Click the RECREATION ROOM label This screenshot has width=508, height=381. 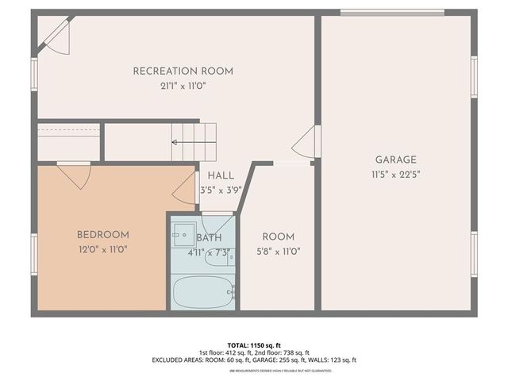183,71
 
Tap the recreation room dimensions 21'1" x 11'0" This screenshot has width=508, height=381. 183,86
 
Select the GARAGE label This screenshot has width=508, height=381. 394,160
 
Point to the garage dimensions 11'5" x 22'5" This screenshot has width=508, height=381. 394,175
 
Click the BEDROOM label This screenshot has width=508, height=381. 102,235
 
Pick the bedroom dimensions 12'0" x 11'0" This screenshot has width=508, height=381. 102,249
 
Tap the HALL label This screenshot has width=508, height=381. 220,176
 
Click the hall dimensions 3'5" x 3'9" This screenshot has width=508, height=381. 219,190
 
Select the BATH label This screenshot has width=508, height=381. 209,237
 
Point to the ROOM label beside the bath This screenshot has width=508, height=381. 278,237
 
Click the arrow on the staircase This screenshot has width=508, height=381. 185,143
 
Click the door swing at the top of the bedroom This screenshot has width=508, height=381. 73,176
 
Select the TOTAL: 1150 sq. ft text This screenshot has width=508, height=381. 254,345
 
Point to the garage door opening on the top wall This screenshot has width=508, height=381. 391,12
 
